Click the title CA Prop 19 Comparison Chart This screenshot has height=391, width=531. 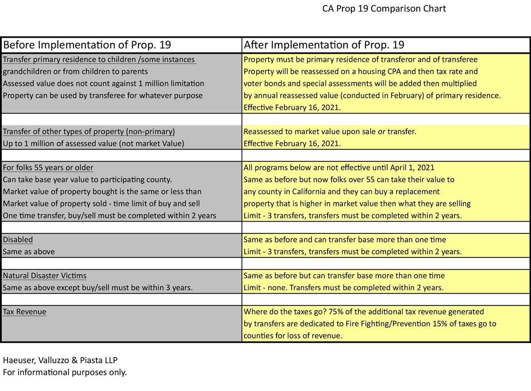click(x=384, y=9)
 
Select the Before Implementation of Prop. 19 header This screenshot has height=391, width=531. click(x=87, y=45)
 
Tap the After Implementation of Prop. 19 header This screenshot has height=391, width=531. click(x=324, y=45)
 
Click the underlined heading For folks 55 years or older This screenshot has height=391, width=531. click(x=48, y=168)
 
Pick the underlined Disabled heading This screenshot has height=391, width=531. click(x=18, y=240)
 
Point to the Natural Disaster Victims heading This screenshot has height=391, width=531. click(x=45, y=276)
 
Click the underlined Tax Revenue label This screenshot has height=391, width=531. click(x=24, y=311)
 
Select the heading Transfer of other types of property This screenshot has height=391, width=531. click(x=89, y=132)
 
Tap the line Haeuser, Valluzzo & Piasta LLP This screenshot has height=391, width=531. click(x=60, y=360)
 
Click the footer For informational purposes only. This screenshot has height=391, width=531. click(x=65, y=372)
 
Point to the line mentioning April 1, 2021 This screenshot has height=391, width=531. click(x=339, y=168)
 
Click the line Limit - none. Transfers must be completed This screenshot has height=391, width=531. click(x=343, y=287)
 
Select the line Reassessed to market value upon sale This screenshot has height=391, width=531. click(x=330, y=132)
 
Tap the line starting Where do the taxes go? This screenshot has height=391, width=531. click(x=364, y=311)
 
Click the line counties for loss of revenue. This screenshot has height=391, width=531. click(x=293, y=336)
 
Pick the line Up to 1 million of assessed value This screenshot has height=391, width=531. click(x=93, y=144)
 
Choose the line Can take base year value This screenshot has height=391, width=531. click(x=87, y=180)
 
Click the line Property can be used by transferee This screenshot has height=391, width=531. click(x=103, y=95)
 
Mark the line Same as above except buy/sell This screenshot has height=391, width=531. click(x=98, y=287)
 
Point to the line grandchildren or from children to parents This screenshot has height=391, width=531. click(x=75, y=71)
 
